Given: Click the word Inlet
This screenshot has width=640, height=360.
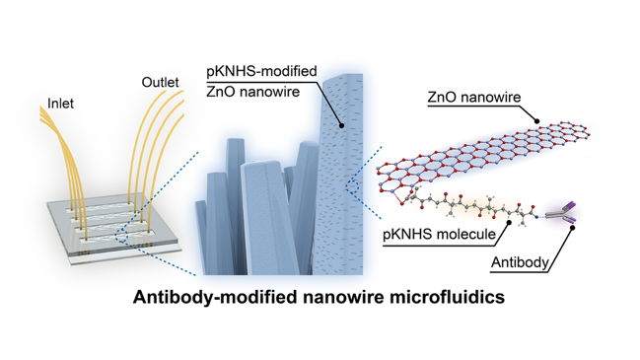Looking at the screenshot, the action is [60, 104].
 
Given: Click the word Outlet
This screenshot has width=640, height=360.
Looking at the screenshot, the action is [160, 82].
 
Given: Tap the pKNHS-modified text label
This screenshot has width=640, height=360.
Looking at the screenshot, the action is [261, 71].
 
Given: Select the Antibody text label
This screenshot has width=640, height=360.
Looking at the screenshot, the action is [520, 262].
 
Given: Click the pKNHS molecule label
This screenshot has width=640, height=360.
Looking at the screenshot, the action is [439, 235].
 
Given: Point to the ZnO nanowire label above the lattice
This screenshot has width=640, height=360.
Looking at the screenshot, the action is [474, 97].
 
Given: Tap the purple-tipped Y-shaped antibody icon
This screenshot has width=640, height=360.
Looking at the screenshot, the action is [562, 213].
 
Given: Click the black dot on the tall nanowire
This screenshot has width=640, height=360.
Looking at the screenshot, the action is [341, 125].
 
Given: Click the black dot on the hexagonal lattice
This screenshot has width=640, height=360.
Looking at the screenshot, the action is [537, 121].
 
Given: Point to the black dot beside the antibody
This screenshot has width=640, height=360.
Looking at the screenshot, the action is [573, 228].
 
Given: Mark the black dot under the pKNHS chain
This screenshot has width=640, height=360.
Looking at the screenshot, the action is [509, 223].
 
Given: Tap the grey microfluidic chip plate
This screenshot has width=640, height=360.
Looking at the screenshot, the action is [115, 229].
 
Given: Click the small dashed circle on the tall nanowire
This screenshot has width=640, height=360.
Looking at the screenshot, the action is [351, 186].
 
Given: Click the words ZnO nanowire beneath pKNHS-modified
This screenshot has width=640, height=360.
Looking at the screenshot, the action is [252, 92].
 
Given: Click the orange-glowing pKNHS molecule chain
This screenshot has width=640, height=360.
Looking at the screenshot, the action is [469, 205].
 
